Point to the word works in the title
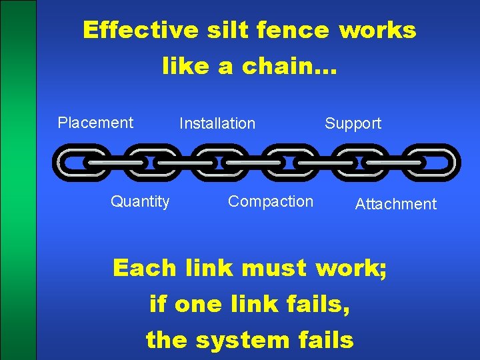(x=378, y=30)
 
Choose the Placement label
(x=95, y=123)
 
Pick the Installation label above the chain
(x=217, y=123)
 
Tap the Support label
(x=353, y=123)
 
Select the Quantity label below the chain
(x=140, y=201)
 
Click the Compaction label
(x=270, y=201)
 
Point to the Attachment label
(x=396, y=204)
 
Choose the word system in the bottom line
(x=241, y=341)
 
